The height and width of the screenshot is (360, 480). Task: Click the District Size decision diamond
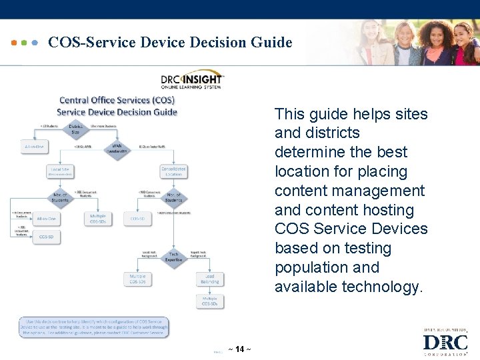pyautogui.click(x=75, y=129)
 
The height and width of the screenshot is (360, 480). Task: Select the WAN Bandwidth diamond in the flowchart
pyautogui.click(x=117, y=147)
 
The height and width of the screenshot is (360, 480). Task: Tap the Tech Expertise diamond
pyautogui.click(x=173, y=257)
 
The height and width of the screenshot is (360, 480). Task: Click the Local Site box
pyautogui.click(x=60, y=172)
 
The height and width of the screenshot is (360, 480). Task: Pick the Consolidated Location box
pyautogui.click(x=173, y=172)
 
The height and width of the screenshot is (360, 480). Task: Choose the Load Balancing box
pyautogui.click(x=209, y=279)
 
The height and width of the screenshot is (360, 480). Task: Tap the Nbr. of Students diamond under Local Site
pyautogui.click(x=60, y=197)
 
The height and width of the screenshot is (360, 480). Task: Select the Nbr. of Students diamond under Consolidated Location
pyautogui.click(x=173, y=197)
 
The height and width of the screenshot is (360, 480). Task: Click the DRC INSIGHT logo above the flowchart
pyautogui.click(x=191, y=80)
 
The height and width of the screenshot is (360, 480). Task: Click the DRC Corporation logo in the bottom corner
pyautogui.click(x=445, y=341)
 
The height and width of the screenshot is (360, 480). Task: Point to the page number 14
pyautogui.click(x=239, y=349)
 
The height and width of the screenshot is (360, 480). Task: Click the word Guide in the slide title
pyautogui.click(x=271, y=43)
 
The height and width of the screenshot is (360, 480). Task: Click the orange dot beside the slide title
pyautogui.click(x=15, y=43)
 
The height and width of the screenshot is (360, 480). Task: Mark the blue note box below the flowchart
pyautogui.click(x=93, y=327)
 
